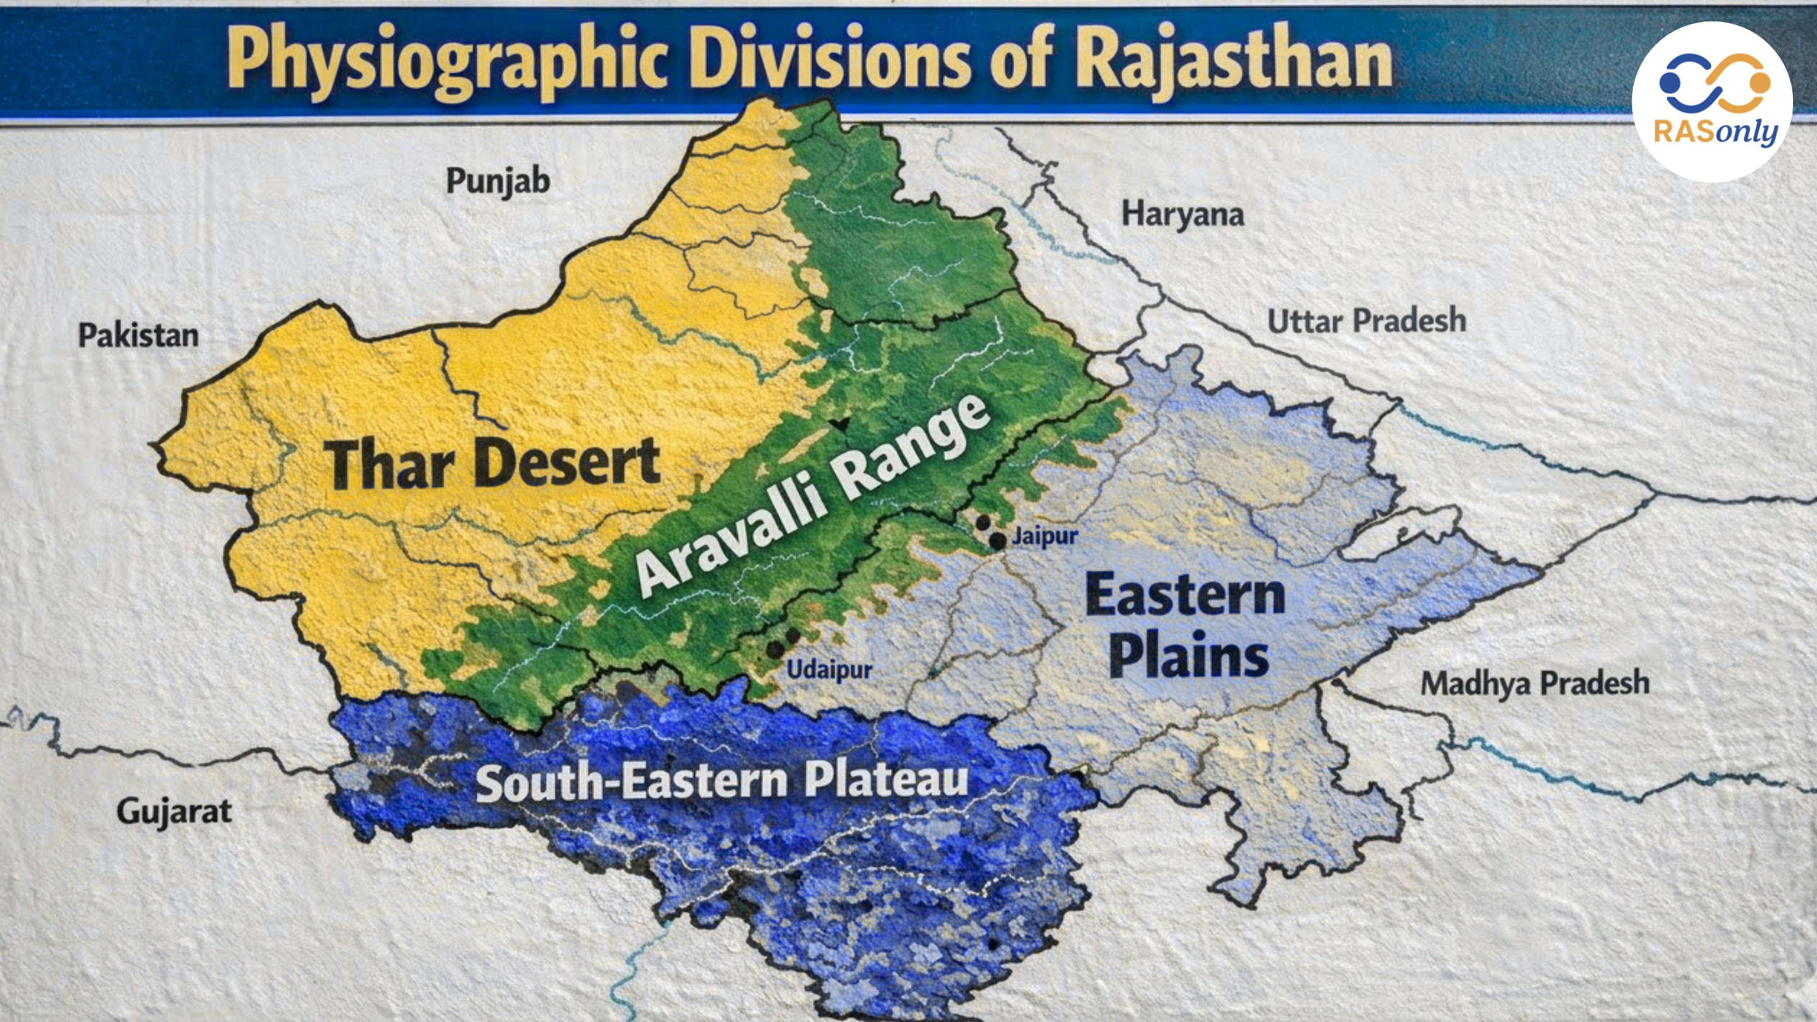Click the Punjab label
(x=497, y=181)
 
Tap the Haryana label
(x=1182, y=214)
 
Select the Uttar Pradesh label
(x=1367, y=321)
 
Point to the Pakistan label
(x=138, y=335)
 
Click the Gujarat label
(x=173, y=812)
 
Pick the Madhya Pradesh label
(x=1534, y=683)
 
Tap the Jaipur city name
(x=1045, y=536)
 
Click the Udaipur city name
(x=829, y=669)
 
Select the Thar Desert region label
(x=491, y=464)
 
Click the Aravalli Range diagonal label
(x=811, y=497)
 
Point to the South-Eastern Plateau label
(x=722, y=781)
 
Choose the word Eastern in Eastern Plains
(x=1185, y=594)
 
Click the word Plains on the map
(x=1189, y=656)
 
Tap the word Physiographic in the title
(x=447, y=60)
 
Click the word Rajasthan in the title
(x=1233, y=60)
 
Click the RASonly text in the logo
(x=1715, y=131)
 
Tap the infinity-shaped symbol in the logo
(x=1714, y=83)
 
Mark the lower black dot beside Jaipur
(x=997, y=541)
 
